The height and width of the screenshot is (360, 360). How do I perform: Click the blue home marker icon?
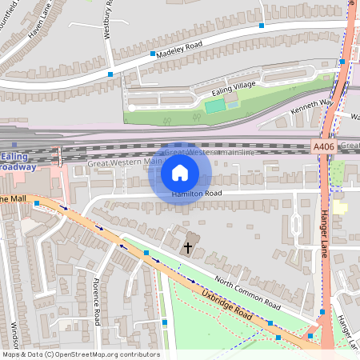(x=179, y=172)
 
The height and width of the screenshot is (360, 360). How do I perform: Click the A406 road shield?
(x=322, y=146)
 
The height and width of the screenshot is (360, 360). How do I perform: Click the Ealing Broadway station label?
(x=18, y=162)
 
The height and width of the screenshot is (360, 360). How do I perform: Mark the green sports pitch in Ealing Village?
(x=214, y=106)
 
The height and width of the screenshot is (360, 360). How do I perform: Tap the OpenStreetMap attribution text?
(x=80, y=354)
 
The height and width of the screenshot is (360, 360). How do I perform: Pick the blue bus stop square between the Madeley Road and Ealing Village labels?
(x=261, y=26)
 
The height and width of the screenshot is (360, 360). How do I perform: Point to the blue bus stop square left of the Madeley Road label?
(x=154, y=54)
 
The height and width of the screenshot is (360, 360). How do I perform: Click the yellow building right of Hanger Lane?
(x=341, y=207)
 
